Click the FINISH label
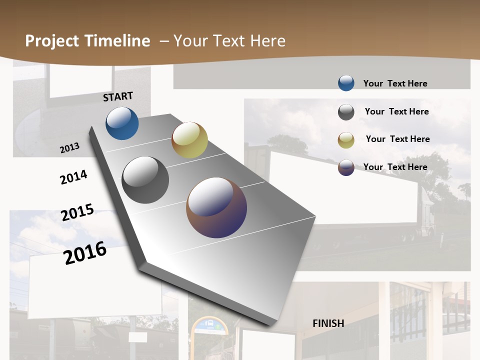(x=328, y=323)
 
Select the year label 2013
(x=69, y=147)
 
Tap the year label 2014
(x=73, y=177)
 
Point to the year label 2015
(x=77, y=212)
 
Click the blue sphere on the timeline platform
(x=122, y=123)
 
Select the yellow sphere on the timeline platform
(x=189, y=140)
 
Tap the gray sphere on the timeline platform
(x=145, y=180)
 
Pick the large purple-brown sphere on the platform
(x=216, y=207)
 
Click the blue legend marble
(x=346, y=83)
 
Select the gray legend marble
(x=346, y=112)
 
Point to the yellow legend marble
(x=346, y=140)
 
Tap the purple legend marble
(x=346, y=167)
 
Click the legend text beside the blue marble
(x=395, y=83)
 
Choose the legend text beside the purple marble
(x=395, y=167)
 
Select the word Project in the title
(x=52, y=41)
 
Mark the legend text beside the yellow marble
(x=397, y=139)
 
